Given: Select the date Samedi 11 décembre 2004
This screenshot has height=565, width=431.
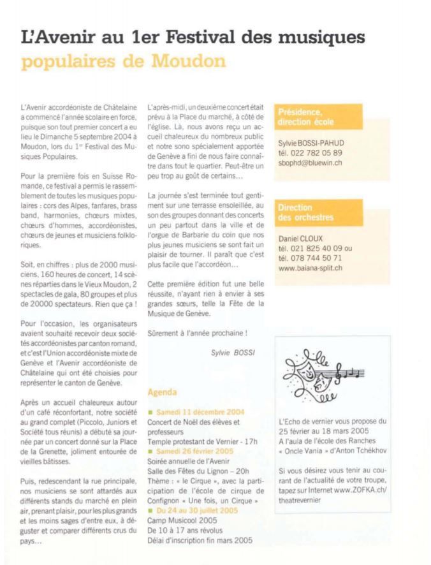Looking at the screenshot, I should [196, 412].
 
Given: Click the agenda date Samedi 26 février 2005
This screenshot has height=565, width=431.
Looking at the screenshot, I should [193, 450].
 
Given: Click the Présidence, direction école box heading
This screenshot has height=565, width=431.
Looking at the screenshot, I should [305, 117].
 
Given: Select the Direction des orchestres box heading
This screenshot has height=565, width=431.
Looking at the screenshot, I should [305, 212].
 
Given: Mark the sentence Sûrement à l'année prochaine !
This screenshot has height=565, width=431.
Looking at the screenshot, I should [193, 333].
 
